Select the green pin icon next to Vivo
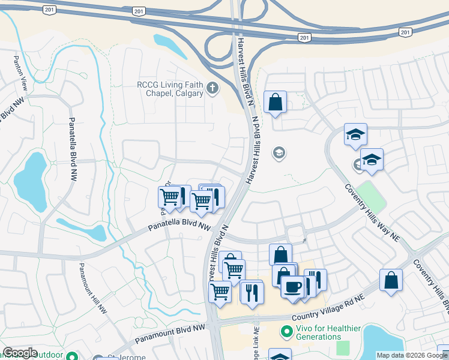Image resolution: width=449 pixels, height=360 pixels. [286, 331]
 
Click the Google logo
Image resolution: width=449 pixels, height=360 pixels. [20, 353]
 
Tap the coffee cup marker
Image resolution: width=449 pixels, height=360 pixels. [292, 286]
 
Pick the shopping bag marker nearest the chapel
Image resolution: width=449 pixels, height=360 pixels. [275, 101]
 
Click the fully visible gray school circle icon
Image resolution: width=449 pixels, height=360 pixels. [279, 154]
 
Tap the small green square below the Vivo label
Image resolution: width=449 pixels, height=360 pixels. [343, 348]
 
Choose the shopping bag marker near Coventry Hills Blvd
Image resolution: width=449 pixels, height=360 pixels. [391, 280]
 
